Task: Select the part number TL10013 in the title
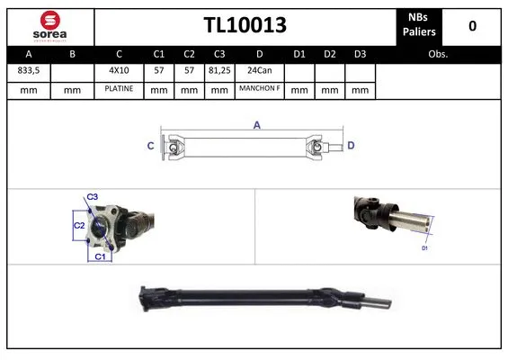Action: tap(245, 25)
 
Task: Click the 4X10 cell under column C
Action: tap(119, 70)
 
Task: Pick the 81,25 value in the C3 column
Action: tap(218, 70)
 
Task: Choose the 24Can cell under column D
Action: tap(259, 70)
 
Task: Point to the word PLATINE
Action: tap(119, 90)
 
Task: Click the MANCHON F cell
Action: tap(259, 90)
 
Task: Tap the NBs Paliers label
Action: tap(420, 25)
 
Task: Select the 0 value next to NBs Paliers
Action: tap(472, 26)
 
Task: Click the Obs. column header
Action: tap(438, 53)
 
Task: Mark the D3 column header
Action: tap(360, 53)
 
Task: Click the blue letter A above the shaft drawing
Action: tap(256, 126)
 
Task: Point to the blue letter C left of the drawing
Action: tap(151, 145)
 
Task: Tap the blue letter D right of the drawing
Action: tap(352, 145)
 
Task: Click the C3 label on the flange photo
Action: tap(93, 197)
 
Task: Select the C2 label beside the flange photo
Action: tap(78, 225)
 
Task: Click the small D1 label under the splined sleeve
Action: tap(424, 247)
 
